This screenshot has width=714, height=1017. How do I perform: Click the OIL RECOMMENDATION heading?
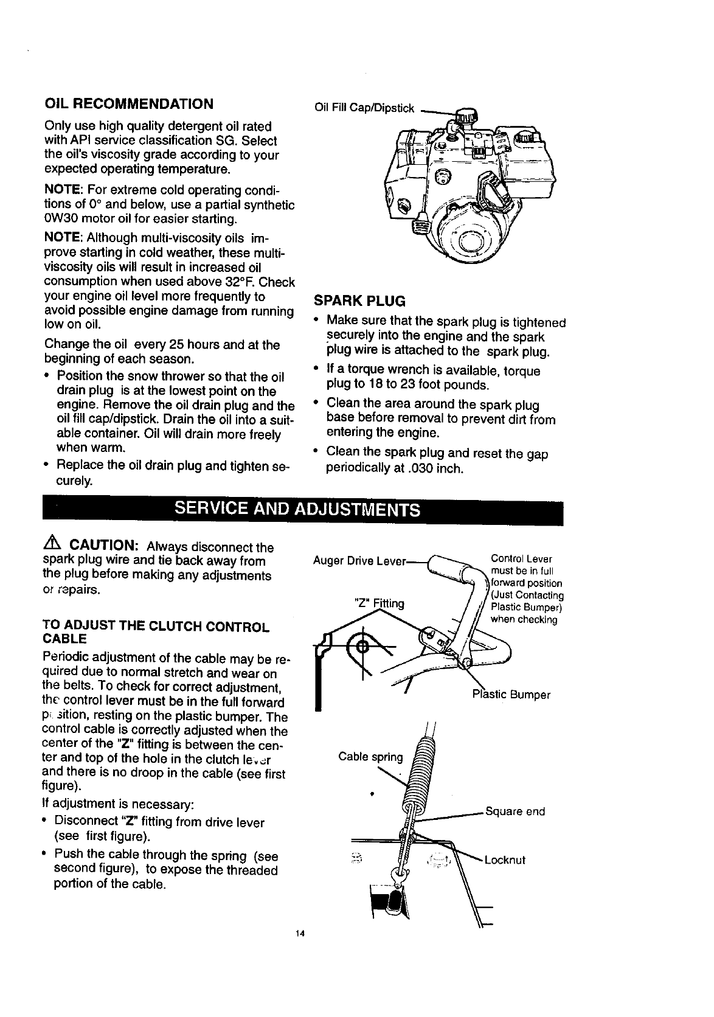[x=129, y=103]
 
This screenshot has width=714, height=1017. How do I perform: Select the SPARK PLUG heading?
[x=359, y=301]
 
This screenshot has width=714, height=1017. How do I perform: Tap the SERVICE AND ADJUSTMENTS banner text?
[x=297, y=508]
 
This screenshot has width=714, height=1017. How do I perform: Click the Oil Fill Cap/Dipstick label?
[x=364, y=109]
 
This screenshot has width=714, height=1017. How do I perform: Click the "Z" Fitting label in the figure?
[x=379, y=603]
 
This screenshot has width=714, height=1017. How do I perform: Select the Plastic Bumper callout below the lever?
[x=511, y=695]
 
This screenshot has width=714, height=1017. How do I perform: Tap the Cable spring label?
[x=370, y=757]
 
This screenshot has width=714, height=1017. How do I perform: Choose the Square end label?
[x=515, y=811]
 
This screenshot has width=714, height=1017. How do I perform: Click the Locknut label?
[x=505, y=860]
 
